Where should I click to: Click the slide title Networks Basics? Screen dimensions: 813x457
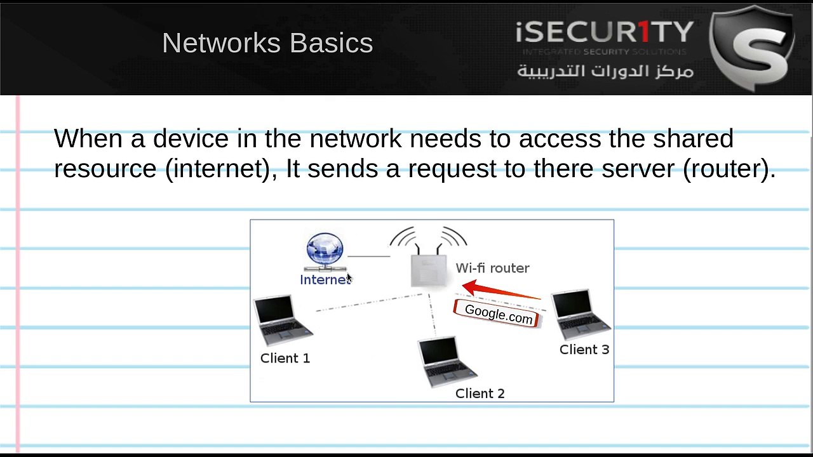click(267, 43)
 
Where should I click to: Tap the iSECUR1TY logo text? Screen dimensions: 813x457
click(605, 32)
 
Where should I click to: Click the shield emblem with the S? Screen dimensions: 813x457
click(752, 48)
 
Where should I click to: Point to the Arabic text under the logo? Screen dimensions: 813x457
click(605, 70)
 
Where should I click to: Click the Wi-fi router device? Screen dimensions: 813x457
click(429, 258)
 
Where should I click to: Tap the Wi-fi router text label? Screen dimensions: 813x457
click(492, 268)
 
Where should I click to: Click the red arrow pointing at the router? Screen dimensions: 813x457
click(501, 290)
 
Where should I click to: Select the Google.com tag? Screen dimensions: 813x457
click(498, 314)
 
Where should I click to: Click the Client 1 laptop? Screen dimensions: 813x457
click(283, 320)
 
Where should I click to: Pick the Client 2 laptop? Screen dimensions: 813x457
click(447, 362)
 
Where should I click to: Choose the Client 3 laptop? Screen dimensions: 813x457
click(581, 314)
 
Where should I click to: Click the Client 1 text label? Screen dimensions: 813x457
click(285, 359)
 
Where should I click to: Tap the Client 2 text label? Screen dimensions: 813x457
click(480, 394)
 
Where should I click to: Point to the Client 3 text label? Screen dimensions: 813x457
click(584, 350)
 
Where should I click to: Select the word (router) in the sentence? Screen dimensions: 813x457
click(729, 169)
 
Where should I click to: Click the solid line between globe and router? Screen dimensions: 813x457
click(369, 256)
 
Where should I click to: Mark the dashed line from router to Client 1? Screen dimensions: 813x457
click(369, 303)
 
